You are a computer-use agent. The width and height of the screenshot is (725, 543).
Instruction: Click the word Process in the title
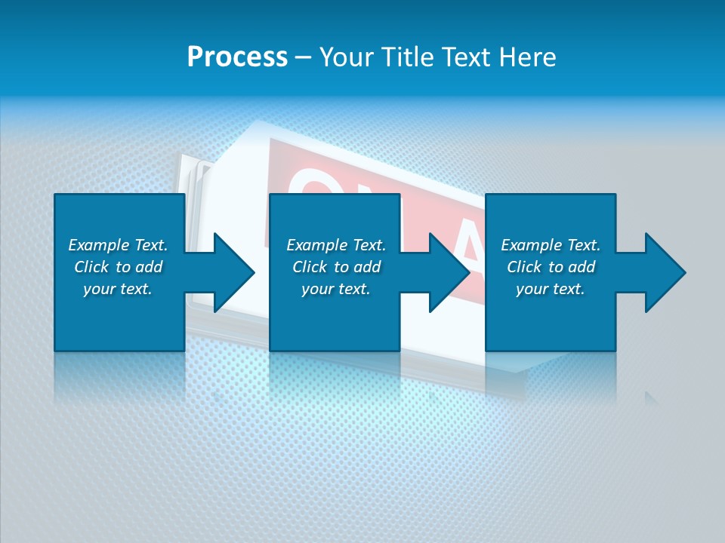(x=237, y=57)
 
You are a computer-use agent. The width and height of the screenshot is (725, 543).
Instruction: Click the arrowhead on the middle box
(x=449, y=272)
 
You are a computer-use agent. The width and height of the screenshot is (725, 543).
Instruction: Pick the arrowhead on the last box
(x=664, y=272)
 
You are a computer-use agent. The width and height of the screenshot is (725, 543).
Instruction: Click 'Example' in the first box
(x=98, y=245)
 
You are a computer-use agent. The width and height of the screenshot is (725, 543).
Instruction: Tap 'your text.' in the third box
(x=550, y=289)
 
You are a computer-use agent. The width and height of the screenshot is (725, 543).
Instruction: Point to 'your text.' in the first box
(x=118, y=289)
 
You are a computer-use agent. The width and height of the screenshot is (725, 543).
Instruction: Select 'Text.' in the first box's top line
(x=150, y=245)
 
